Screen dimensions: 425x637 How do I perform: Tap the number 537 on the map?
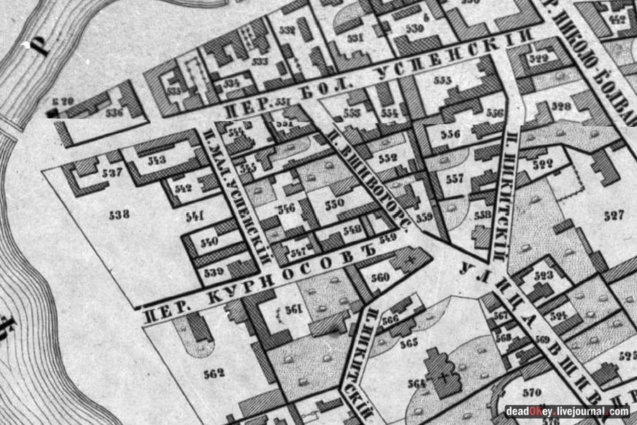pyautogui.click(x=112, y=173)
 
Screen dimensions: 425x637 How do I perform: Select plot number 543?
pyautogui.click(x=157, y=160)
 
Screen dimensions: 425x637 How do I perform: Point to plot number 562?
pyautogui.click(x=213, y=373)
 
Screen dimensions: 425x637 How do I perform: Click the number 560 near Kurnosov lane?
pyautogui.click(x=380, y=277)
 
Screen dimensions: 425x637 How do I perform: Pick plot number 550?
pyautogui.click(x=334, y=203)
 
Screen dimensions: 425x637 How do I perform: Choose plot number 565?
pyautogui.click(x=408, y=344)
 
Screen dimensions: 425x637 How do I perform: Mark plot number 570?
pyautogui.click(x=532, y=392)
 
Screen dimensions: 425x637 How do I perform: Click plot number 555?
pyautogui.click(x=443, y=81)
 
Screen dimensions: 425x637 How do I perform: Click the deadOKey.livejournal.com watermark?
pyautogui.click(x=566, y=411)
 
